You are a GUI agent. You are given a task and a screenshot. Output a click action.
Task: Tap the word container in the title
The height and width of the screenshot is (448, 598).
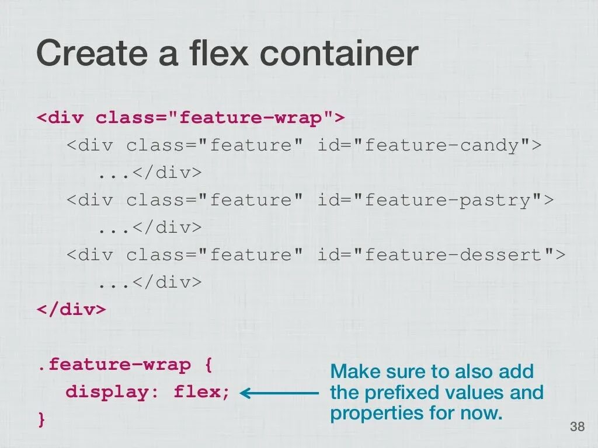(x=339, y=54)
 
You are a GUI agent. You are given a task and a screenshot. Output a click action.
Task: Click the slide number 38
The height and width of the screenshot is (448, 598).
(x=577, y=427)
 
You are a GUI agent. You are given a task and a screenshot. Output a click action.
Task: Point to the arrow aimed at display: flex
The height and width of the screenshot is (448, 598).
(x=279, y=394)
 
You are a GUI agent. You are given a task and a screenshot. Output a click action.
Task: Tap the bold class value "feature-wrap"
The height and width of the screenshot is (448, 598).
(x=251, y=118)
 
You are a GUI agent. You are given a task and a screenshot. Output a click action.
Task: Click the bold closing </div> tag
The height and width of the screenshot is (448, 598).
(x=71, y=310)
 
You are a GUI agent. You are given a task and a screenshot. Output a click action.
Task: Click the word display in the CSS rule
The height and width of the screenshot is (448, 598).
(x=107, y=392)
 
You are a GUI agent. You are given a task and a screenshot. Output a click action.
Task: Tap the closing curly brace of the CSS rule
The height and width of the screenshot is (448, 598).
(x=41, y=419)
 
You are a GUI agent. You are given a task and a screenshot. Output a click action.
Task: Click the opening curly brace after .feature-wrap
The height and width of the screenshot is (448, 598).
(x=208, y=366)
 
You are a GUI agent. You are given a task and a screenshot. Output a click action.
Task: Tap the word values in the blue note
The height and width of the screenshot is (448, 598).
(x=476, y=393)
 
